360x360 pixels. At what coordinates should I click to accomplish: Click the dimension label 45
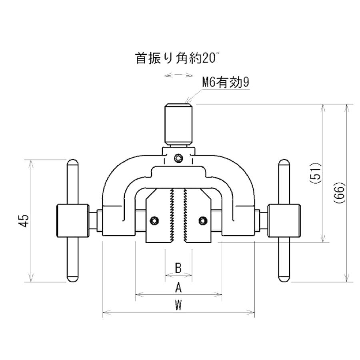(24, 220)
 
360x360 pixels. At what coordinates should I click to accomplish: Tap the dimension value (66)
(339, 193)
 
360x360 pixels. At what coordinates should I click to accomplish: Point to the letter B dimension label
(178, 268)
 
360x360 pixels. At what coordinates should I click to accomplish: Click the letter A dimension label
(178, 288)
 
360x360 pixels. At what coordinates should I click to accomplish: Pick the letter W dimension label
(178, 305)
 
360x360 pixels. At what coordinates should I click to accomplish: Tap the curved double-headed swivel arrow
(178, 75)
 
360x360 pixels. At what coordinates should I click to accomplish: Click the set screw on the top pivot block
(178, 158)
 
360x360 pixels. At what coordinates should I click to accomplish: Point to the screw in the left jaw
(154, 221)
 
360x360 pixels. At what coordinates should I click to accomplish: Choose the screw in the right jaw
(203, 221)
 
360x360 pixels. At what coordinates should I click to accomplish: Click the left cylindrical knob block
(72, 221)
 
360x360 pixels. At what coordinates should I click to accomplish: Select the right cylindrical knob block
(284, 221)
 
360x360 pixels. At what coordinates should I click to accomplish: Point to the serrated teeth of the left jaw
(171, 215)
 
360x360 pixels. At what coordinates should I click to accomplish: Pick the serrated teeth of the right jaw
(185, 215)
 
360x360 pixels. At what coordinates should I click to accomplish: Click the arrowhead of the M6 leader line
(186, 101)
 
